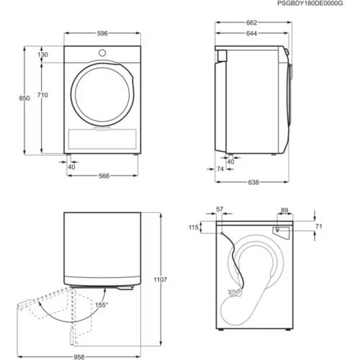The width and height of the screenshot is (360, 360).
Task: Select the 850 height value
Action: tap(24, 99)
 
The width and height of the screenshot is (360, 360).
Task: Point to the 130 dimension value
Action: tap(44, 55)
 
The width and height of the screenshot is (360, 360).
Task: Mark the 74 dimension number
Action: tap(220, 168)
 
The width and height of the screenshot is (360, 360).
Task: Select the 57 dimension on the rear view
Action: tap(219, 210)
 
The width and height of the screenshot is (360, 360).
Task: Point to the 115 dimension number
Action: tap(194, 228)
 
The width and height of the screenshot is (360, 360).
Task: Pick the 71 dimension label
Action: tap(318, 227)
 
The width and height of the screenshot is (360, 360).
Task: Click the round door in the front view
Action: tap(101, 91)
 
